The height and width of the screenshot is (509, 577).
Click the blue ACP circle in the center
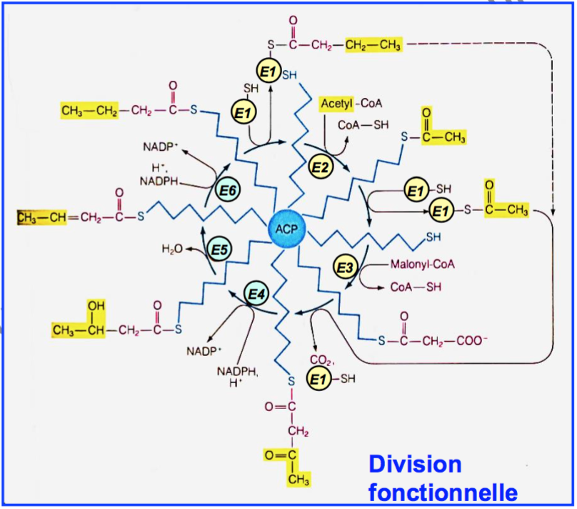(287, 229)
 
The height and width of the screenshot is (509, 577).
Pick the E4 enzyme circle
(256, 294)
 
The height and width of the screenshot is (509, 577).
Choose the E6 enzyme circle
(228, 192)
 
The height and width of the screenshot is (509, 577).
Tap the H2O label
(174, 248)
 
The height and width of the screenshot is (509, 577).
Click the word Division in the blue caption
(415, 464)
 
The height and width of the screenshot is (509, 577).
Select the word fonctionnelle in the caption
(443, 493)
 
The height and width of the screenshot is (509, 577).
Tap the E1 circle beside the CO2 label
(317, 379)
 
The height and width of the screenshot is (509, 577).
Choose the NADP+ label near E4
(205, 352)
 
